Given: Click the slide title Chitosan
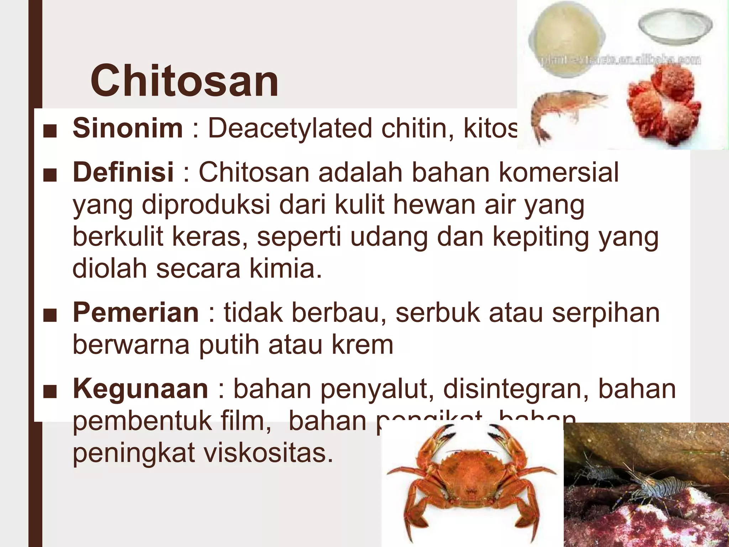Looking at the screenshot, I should click(184, 81).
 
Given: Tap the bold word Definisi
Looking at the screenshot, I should click(123, 172).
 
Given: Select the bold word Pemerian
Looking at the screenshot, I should click(136, 313).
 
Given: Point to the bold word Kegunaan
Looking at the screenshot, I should click(140, 389).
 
